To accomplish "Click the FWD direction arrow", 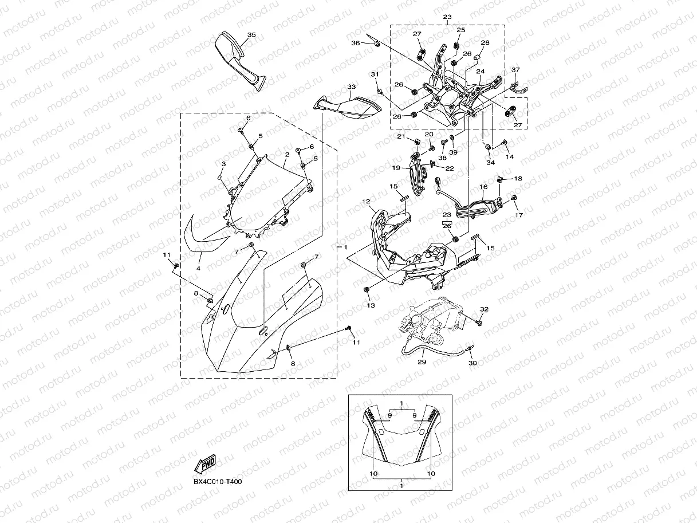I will click(204, 463).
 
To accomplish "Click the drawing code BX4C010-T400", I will click(217, 481).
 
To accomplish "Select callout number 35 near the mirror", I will click(251, 35).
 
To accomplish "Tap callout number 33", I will click(352, 87).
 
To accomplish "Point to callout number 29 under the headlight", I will click(422, 362).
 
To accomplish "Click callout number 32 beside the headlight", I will click(484, 309).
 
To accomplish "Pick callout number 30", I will click(472, 363).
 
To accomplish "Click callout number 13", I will click(371, 306).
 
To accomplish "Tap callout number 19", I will click(396, 168).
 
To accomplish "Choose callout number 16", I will click(483, 187).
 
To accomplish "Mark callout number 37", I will click(515, 70).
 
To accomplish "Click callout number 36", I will click(356, 43).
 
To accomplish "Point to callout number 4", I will click(199, 268).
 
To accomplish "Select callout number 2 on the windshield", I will click(286, 155).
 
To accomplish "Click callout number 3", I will click(223, 164).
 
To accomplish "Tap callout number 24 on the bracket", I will click(481, 72).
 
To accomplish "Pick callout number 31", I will click(375, 74).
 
